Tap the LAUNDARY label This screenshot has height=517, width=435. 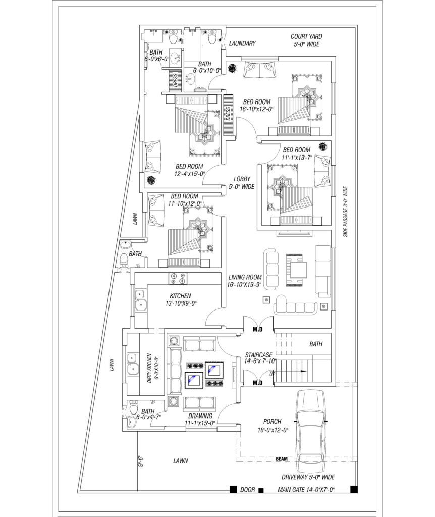[x=242, y=43]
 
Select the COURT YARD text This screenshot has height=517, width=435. [x=306, y=36]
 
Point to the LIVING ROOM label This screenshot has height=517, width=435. [x=245, y=277]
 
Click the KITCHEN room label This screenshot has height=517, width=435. [x=180, y=296]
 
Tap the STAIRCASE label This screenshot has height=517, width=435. [x=259, y=355]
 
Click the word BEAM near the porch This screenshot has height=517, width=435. [x=282, y=459]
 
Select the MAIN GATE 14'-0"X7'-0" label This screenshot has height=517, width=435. [x=306, y=490]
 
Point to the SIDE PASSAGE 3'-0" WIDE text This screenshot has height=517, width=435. [x=345, y=212]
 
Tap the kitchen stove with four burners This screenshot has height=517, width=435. [x=178, y=278]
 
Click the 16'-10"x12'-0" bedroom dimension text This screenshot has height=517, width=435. [x=257, y=109]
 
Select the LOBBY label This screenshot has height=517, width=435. [x=242, y=179]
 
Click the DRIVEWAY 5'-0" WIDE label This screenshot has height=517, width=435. [x=308, y=477]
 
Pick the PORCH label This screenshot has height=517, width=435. [x=272, y=421]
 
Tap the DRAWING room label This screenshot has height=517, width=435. [x=200, y=416]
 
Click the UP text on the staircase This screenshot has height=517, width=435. [x=272, y=374]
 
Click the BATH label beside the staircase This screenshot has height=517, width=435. [x=316, y=344]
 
